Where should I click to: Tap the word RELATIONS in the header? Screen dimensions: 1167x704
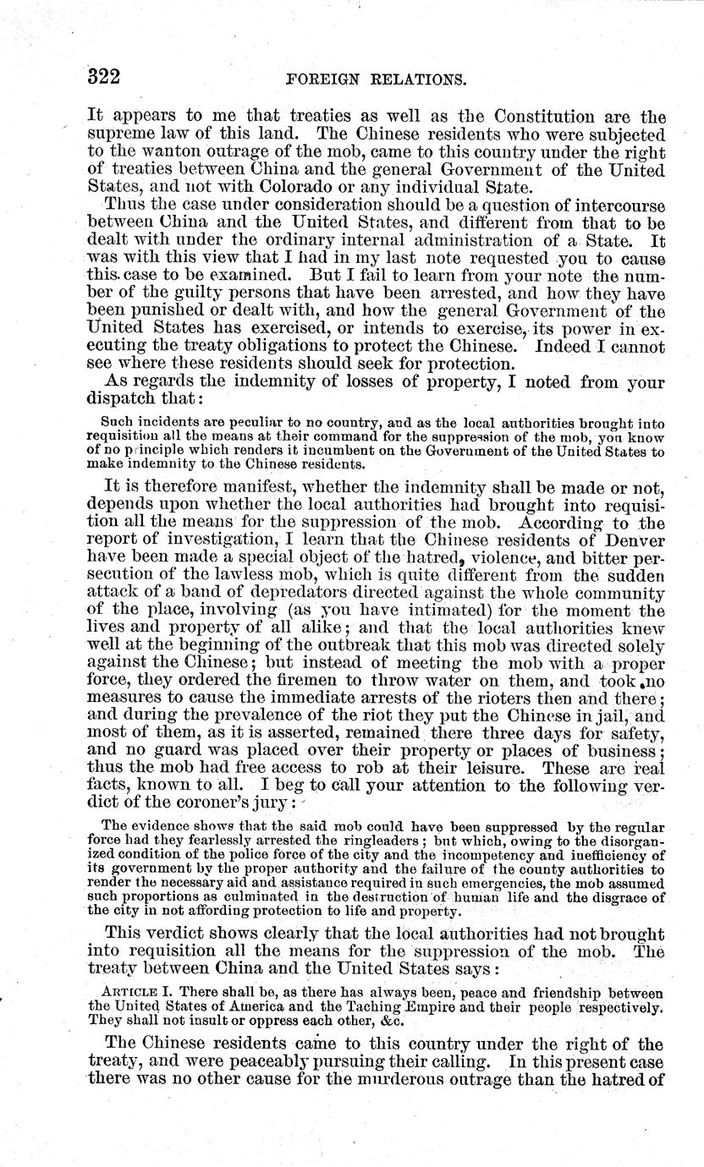415,81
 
